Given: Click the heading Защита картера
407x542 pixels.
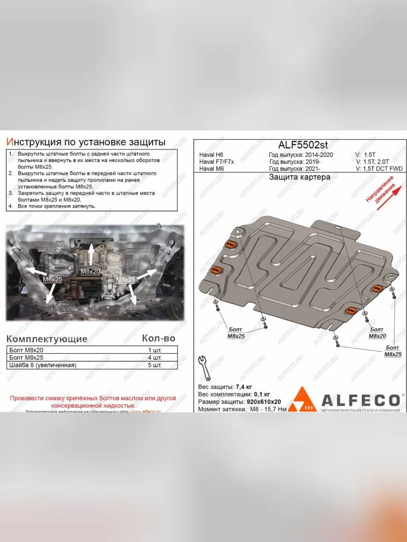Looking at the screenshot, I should tap(299, 177).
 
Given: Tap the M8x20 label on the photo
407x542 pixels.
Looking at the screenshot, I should tap(90, 271).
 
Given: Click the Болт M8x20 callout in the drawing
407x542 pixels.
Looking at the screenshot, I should tap(377, 333).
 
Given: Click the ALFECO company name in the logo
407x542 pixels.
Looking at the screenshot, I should tap(360, 400).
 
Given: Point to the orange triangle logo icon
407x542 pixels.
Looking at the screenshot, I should tap(302, 400).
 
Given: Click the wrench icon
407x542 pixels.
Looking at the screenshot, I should tap(204, 367).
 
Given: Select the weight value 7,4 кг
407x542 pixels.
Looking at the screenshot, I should tap(244, 387).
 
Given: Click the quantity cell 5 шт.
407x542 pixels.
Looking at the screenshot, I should tap(155, 365).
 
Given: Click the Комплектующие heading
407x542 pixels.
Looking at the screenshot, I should tap(47, 339).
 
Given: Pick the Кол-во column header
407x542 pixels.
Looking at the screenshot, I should tap(158, 338).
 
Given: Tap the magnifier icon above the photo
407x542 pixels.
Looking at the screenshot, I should tap(159, 224).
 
